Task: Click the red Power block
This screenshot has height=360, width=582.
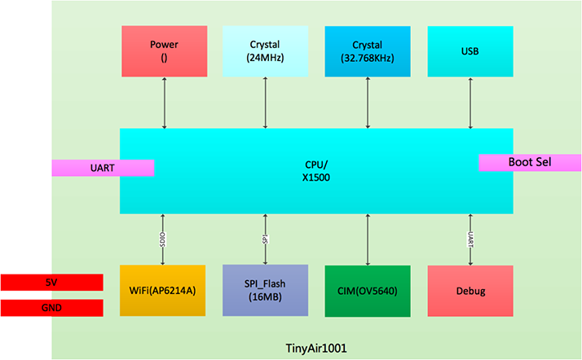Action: [164, 51]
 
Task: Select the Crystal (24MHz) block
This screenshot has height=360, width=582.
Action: [265, 51]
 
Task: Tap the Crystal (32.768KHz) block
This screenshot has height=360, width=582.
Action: [367, 51]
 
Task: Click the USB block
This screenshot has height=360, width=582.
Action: [470, 51]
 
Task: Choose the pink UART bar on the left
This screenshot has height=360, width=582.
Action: [103, 168]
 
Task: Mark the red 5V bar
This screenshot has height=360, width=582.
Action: [51, 282]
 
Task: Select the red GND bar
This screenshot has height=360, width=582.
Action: [51, 308]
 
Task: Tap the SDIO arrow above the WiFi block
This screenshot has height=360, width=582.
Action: [164, 239]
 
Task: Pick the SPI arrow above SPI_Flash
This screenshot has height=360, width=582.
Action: [266, 239]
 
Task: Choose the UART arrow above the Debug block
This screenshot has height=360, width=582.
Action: [470, 239]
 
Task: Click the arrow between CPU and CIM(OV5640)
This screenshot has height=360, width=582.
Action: [368, 239]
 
